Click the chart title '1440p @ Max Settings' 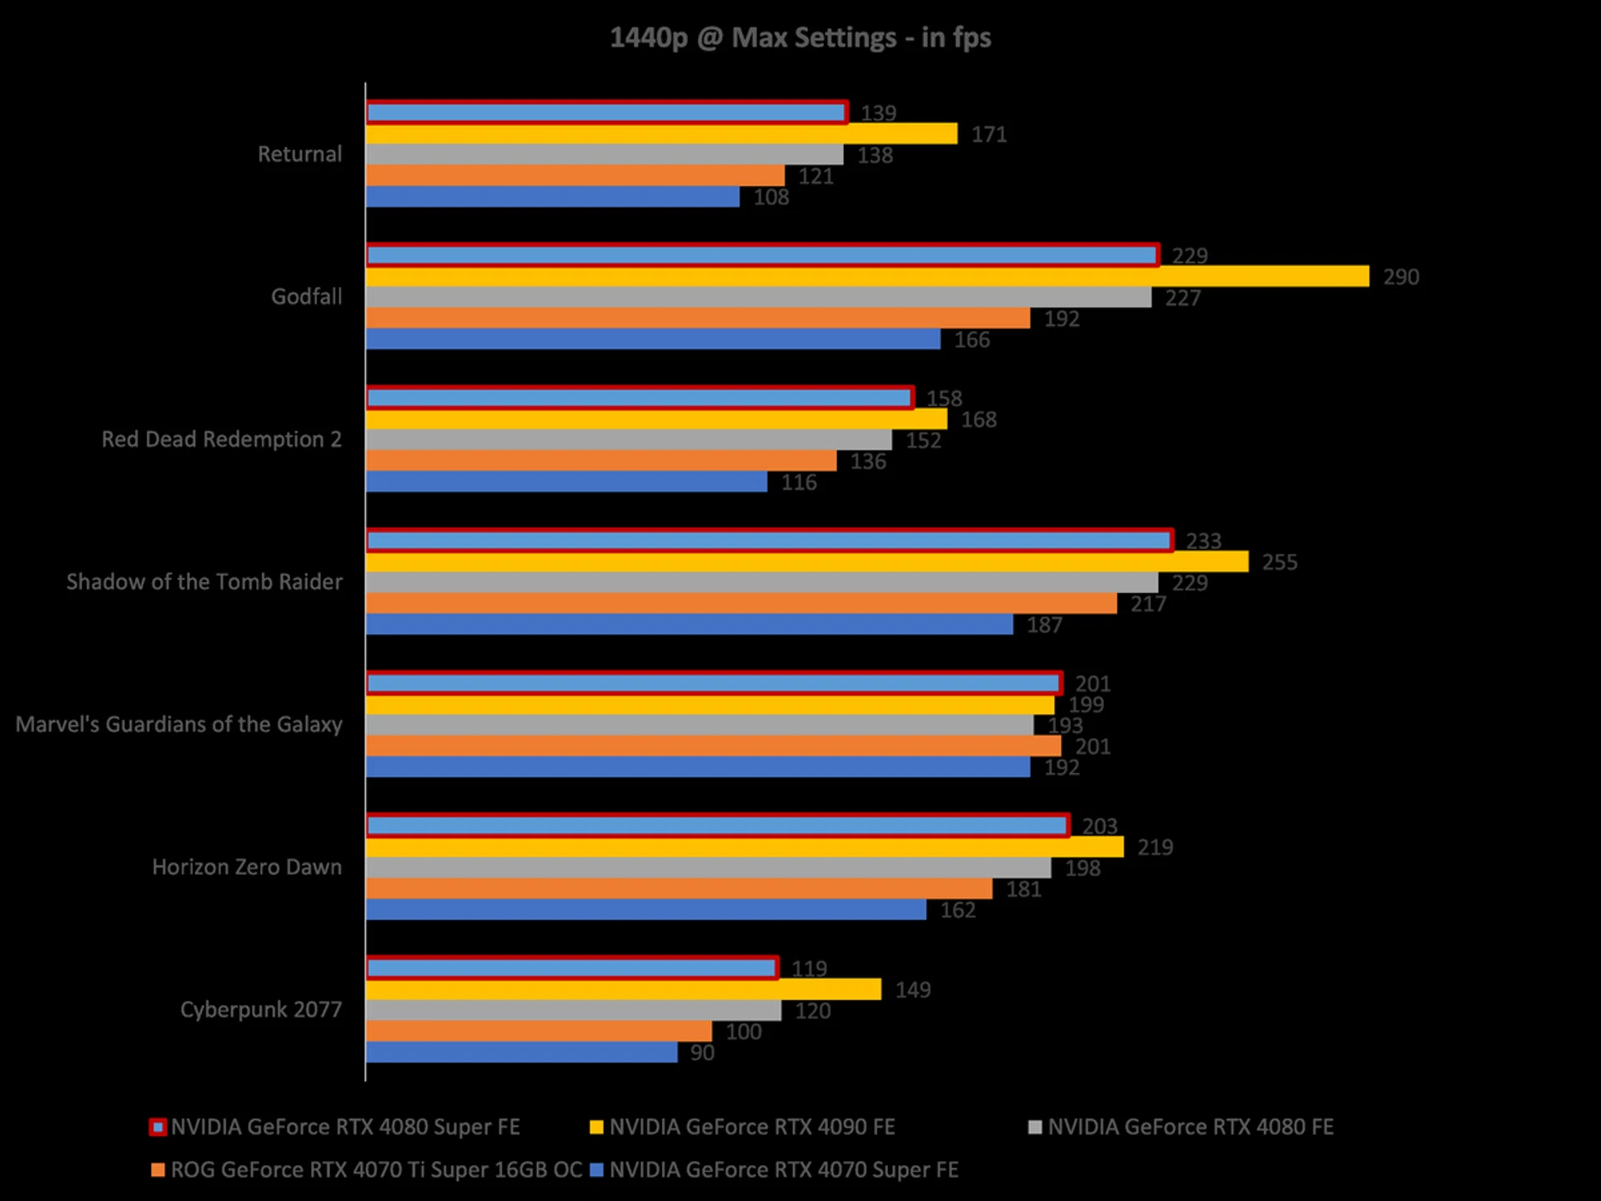pos(800,38)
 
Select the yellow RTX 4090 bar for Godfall pos(867,276)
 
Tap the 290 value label pos(1401,277)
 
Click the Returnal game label pos(299,154)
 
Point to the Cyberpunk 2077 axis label pos(261,1010)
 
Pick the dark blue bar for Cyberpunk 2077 pos(521,1053)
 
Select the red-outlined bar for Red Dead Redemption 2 pos(640,398)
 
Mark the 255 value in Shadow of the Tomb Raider pos(1279,562)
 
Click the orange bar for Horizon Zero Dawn pos(679,889)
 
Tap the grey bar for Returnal pos(605,155)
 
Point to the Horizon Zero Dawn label pos(247,867)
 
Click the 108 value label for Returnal pos(771,198)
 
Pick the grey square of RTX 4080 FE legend pos(1036,1128)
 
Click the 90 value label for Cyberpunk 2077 pos(702,1053)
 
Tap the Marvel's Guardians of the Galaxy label pos(179,725)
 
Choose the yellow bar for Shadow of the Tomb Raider pos(807,562)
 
